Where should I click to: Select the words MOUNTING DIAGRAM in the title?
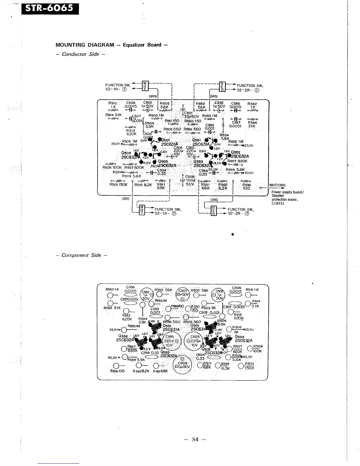tap(85, 45)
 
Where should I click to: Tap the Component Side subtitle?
tap(81, 255)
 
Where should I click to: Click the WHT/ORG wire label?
tap(277, 185)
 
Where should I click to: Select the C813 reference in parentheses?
tap(278, 203)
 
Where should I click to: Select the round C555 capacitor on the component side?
tap(170, 341)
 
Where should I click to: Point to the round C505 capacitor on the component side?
tap(194, 341)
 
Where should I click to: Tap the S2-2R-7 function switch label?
tap(240, 214)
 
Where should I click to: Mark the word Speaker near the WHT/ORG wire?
tap(278, 196)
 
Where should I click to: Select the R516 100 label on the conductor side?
tap(246, 187)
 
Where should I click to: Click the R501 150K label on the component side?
tap(249, 366)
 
